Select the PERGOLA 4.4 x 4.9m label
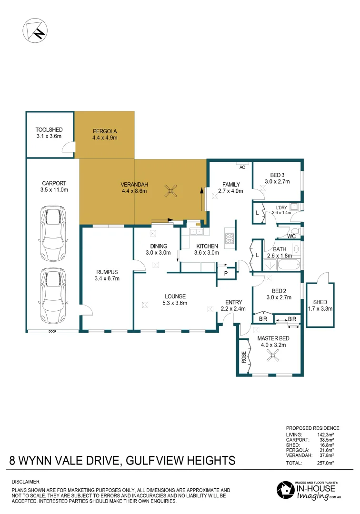[105, 134]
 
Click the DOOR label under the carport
[53, 331]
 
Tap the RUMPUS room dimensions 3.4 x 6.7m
[106, 278]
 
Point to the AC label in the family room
[242, 167]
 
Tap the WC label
[292, 236]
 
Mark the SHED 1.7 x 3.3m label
[320, 305]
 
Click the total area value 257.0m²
[326, 463]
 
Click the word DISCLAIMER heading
[25, 482]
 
